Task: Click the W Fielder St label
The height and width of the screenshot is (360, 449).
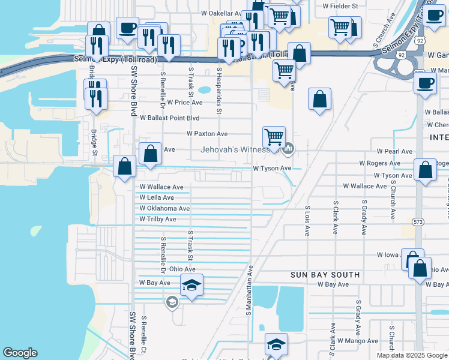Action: tap(340, 6)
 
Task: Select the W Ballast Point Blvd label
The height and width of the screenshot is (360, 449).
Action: tap(169, 118)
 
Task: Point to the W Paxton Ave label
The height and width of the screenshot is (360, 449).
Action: tap(207, 134)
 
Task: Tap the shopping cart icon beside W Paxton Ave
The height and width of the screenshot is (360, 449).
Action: tap(274, 137)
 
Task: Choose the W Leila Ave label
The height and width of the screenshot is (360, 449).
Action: tap(157, 197)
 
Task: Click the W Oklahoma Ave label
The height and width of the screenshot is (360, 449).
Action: tap(164, 209)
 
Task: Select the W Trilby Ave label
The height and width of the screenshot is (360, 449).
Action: tap(158, 220)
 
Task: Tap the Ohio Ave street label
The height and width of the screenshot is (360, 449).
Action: tap(182, 269)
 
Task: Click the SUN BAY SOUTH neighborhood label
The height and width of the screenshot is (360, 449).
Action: tap(325, 275)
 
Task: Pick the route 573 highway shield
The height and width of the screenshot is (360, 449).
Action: tap(418, 221)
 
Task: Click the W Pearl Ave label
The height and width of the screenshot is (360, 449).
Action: tap(394, 152)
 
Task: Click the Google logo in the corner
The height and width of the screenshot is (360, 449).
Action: tap(20, 353)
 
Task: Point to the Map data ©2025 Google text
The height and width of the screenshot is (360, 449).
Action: tap(411, 355)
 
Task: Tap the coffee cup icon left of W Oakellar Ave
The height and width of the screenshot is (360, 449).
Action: tap(127, 28)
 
